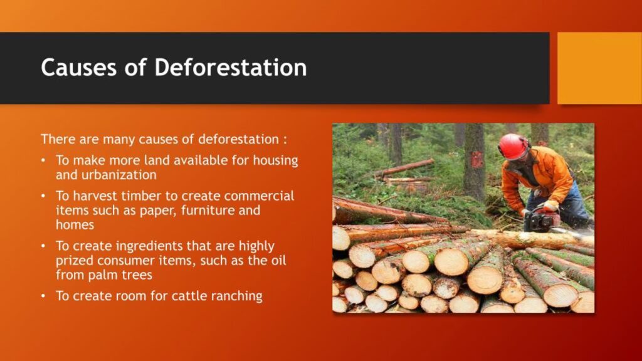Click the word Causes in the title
coord(78,68)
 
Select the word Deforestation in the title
coord(231,68)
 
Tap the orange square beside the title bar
coord(600,68)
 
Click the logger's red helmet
coord(513,147)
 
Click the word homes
coord(75,225)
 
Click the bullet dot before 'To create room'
coord(43,296)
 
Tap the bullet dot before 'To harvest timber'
coord(43,196)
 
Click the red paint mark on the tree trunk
coord(477,160)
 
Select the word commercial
coord(259,196)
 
